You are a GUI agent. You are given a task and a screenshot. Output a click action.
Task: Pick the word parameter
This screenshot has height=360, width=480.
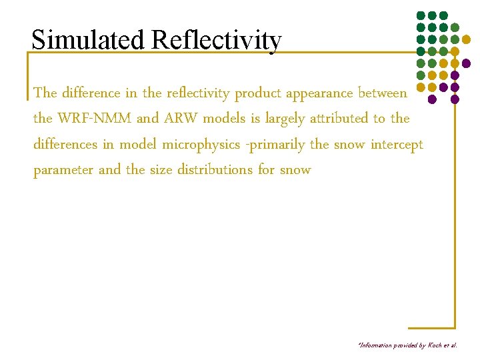pyautogui.click(x=63, y=171)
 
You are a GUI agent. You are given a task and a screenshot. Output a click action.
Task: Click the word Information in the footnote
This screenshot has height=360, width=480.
pyautogui.click(x=376, y=345)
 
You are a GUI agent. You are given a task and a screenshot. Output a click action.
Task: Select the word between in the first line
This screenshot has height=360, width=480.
pyautogui.click(x=382, y=93)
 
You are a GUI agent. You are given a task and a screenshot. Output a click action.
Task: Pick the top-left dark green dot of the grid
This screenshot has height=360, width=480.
pyautogui.click(x=420, y=15)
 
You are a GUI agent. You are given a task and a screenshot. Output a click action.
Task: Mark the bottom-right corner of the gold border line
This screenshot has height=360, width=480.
pyautogui.click(x=455, y=327)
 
